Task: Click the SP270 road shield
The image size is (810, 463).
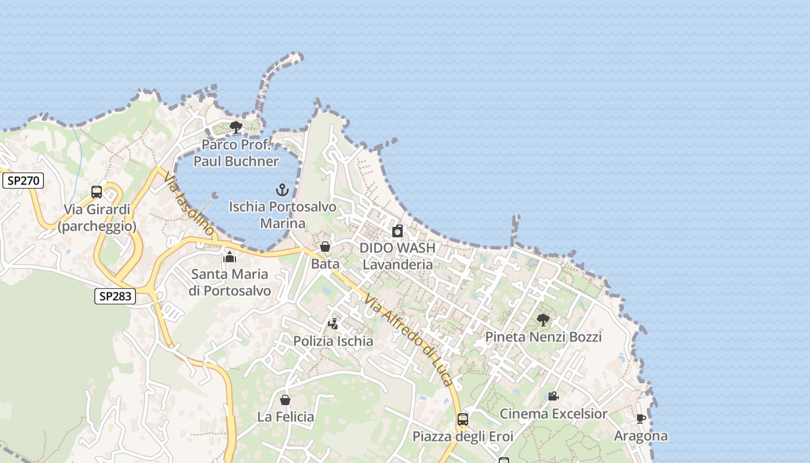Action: (23, 181)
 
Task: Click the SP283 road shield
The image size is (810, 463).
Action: (115, 296)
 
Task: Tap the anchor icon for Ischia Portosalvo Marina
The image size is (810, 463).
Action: (282, 190)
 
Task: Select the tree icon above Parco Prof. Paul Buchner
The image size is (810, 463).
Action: (235, 127)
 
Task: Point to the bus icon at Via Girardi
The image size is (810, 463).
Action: (97, 192)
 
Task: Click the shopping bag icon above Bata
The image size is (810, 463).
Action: (325, 247)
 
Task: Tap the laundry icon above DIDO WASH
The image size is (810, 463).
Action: (397, 231)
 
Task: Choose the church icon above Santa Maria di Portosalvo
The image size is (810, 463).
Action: (230, 257)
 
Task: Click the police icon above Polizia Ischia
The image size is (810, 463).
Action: (333, 324)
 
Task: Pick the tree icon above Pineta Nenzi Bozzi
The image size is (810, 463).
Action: (543, 319)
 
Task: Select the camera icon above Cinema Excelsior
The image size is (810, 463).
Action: (553, 396)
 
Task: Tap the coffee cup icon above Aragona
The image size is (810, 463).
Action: (640, 418)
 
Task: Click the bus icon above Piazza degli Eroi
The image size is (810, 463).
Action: (463, 420)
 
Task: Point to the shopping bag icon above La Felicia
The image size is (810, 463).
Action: (285, 400)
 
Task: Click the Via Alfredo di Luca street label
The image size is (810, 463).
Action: (408, 339)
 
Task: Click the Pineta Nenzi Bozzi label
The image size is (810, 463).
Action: (543, 337)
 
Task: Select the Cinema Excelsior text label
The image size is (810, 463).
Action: (553, 414)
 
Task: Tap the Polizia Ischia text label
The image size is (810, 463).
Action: (333, 341)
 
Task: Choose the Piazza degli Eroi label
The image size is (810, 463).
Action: (463, 436)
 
